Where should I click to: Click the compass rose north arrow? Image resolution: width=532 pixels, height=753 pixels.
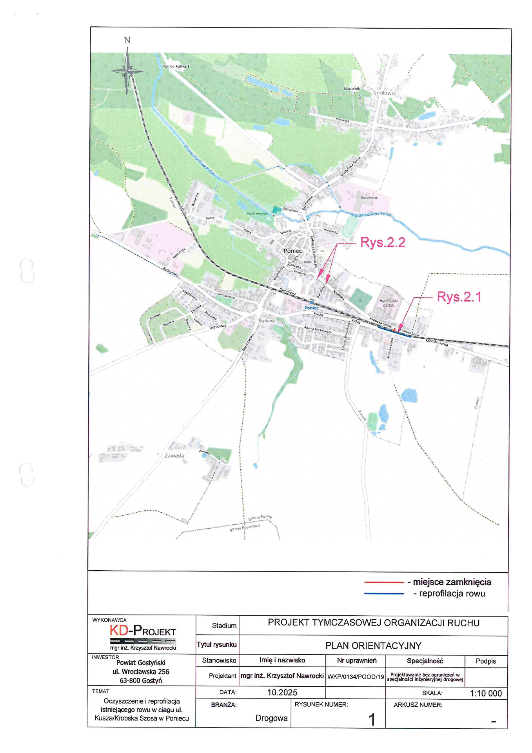point(127,71)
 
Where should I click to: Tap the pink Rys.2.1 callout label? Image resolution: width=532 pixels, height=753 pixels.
point(459,297)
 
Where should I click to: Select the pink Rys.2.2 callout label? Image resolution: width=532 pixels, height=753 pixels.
point(383,242)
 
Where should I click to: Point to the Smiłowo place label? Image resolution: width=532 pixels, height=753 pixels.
point(384,93)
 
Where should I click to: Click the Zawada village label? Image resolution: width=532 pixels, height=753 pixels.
point(174,455)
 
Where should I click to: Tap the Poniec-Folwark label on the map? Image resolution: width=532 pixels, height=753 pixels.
point(176,66)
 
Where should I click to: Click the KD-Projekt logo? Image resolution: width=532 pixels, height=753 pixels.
point(143,631)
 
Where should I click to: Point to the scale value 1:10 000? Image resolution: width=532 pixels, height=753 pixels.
point(485,693)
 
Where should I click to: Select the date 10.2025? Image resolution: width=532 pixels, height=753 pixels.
point(282,693)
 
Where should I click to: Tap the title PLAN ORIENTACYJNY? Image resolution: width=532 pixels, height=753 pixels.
point(373,646)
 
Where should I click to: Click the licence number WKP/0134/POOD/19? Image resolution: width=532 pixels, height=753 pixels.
point(356,677)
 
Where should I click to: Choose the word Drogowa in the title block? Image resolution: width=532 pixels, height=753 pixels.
point(271,718)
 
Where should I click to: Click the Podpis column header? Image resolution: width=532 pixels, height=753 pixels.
point(486,661)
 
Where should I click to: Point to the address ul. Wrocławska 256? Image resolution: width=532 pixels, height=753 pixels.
point(141,671)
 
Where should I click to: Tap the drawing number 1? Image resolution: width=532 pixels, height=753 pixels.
point(372,719)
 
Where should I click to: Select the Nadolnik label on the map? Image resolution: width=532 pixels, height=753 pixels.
point(352,88)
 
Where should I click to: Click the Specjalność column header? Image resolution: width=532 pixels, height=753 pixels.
point(425,661)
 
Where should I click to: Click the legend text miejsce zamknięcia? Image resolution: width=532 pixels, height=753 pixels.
point(452,582)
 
